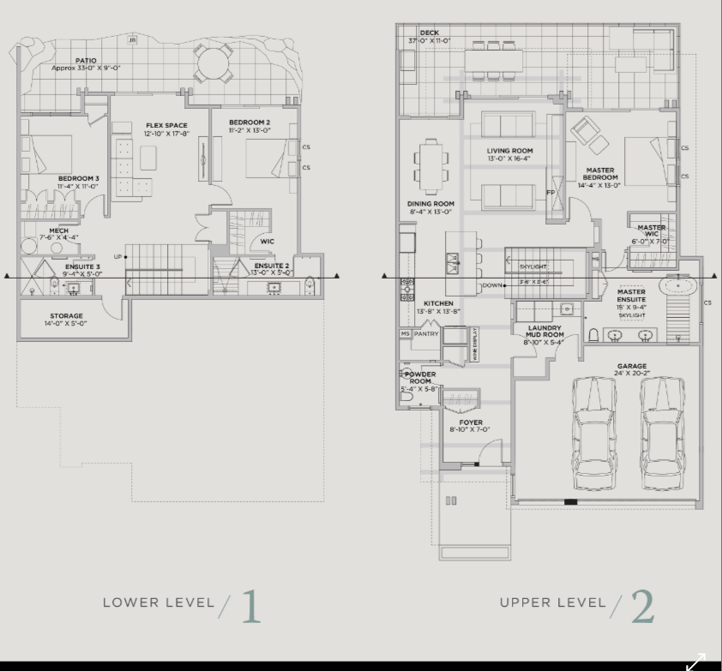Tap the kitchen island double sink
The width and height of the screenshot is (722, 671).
pyautogui.click(x=450, y=263)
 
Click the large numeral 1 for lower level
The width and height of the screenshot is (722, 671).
pyautogui.click(x=250, y=607)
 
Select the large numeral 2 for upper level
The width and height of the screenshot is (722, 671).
pyautogui.click(x=642, y=607)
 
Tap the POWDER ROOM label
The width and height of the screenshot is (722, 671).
pyautogui.click(x=420, y=378)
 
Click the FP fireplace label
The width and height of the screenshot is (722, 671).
pyautogui.click(x=551, y=193)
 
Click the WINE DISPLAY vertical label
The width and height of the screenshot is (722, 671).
pyautogui.click(x=474, y=344)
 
